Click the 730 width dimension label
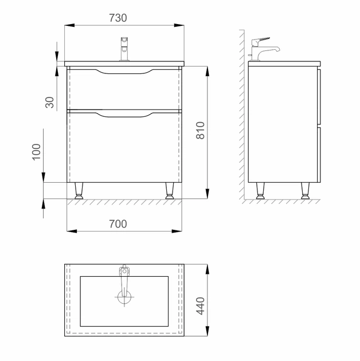click(x=118, y=18)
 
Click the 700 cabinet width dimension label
click(x=118, y=224)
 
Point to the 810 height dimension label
click(x=201, y=130)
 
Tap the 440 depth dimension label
click(x=201, y=306)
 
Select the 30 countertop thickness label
click(x=49, y=103)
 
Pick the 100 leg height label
click(x=36, y=152)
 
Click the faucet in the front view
click(x=124, y=49)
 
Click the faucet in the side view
click(x=264, y=49)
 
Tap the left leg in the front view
click(x=79, y=191)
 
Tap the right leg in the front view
click(x=170, y=191)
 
